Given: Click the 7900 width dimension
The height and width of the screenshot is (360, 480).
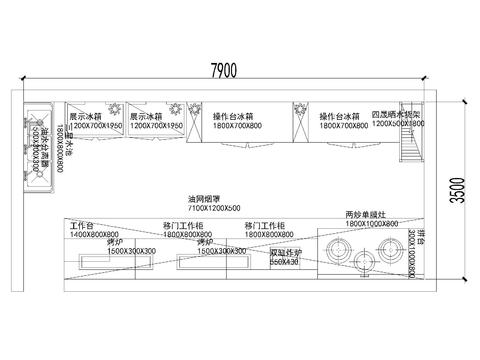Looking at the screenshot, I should click(223, 70).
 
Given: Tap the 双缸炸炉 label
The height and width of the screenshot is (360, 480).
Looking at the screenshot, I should click(285, 253).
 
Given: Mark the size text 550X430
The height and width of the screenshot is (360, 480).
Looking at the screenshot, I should click(284, 261).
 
